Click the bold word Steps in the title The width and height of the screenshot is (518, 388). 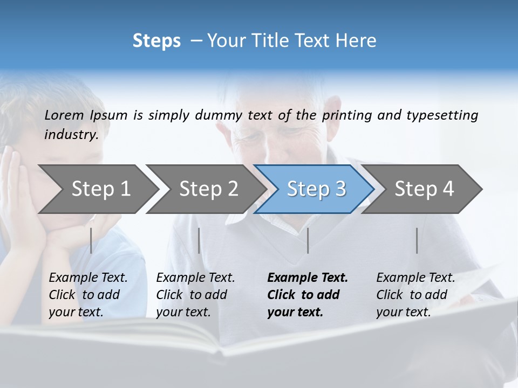[x=156, y=40]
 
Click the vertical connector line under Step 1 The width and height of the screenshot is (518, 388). [x=91, y=240]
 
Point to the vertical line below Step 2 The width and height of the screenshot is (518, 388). [x=199, y=240]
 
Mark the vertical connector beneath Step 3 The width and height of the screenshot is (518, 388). [x=308, y=240]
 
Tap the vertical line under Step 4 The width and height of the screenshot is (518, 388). [x=417, y=240]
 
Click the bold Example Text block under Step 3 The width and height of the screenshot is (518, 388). [x=308, y=295]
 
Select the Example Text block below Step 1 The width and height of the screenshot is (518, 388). [x=88, y=295]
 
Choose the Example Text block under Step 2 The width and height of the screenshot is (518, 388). [x=195, y=295]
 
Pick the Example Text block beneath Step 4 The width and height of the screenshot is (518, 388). [x=415, y=295]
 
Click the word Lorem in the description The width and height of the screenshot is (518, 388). [x=64, y=115]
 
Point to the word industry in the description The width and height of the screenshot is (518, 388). [x=71, y=134]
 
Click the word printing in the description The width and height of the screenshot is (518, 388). [x=347, y=115]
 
